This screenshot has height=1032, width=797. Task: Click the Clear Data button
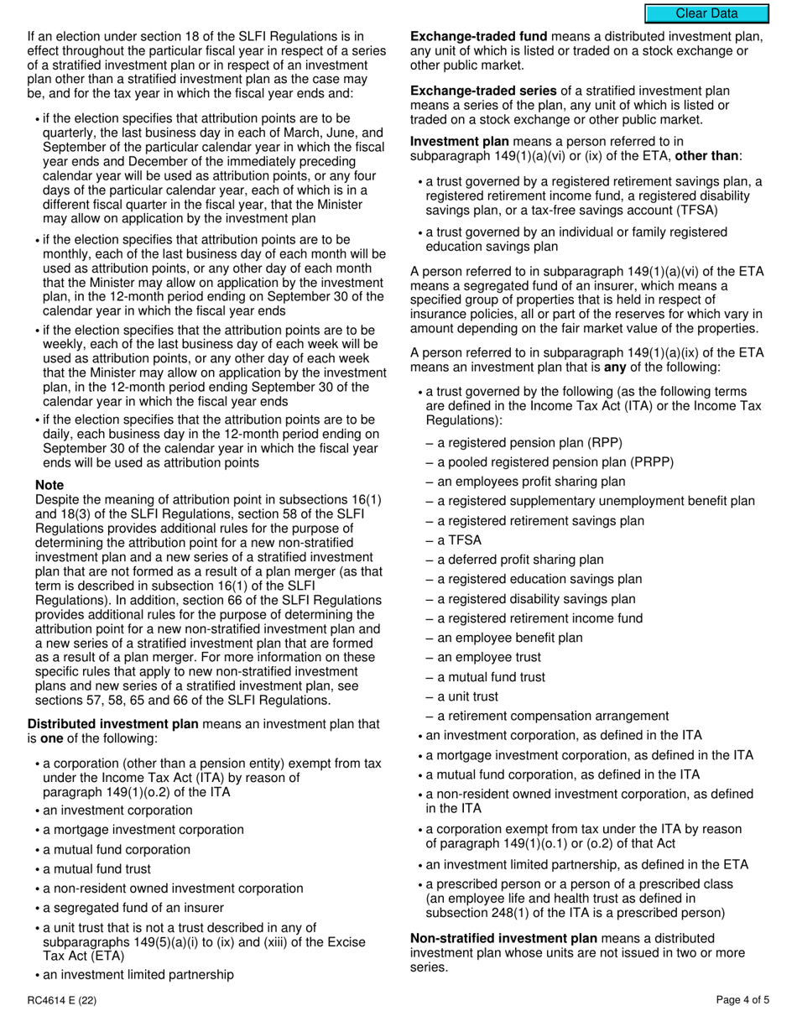click(706, 13)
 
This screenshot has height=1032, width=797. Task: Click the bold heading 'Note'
click(49, 485)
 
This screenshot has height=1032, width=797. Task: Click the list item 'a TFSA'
click(460, 540)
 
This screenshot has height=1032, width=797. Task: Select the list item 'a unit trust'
click(467, 696)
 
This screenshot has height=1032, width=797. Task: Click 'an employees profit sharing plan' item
click(531, 482)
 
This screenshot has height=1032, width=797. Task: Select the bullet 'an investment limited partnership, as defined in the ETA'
click(587, 864)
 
